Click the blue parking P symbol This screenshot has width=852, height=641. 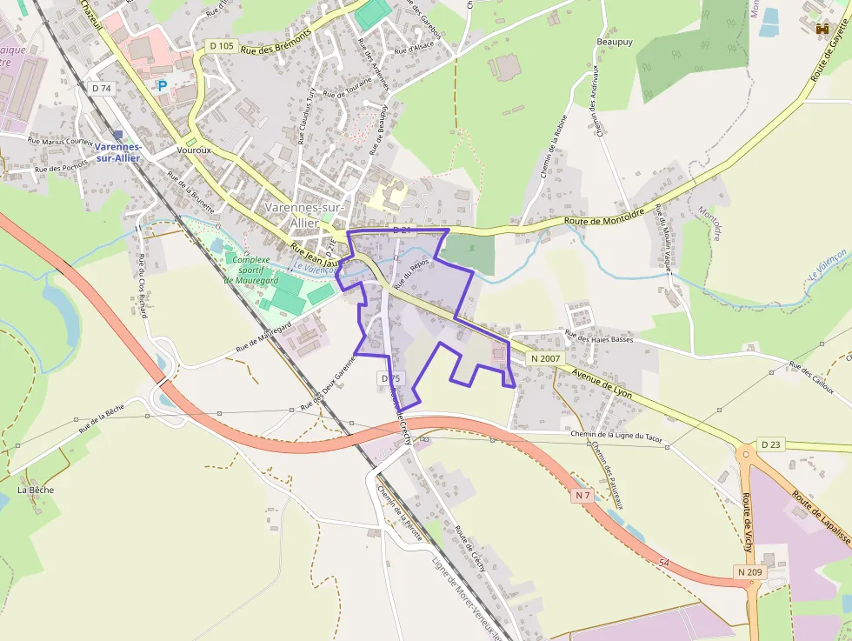coord(162,86)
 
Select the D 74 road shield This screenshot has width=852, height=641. coord(102,88)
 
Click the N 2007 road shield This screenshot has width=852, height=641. coord(546,358)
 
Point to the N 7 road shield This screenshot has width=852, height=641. coord(582,495)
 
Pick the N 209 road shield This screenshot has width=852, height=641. coord(750,572)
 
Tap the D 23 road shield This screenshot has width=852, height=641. coord(771,444)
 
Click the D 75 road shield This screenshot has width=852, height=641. coord(390,378)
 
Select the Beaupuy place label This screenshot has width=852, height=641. coord(615,41)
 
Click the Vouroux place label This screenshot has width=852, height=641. coord(194,150)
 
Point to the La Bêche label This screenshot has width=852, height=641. coord(36,490)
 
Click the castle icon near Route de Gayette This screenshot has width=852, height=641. coord(822,30)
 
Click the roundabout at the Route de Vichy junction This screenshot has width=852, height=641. coord(746,452)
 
